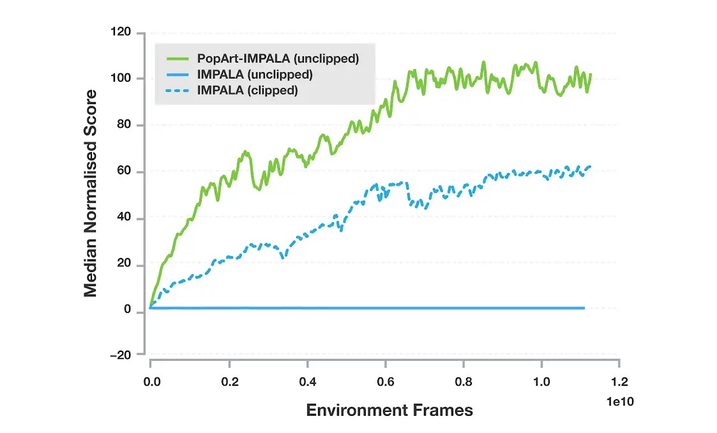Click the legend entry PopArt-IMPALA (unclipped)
click(x=278, y=59)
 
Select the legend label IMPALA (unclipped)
click(x=255, y=75)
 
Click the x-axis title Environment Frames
click(x=389, y=410)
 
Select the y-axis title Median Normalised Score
click(x=91, y=194)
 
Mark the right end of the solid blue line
click(x=584, y=308)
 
